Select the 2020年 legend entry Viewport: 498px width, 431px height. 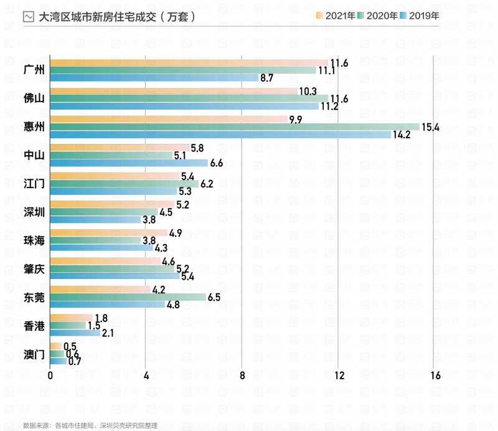(378, 16)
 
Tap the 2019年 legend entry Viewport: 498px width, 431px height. (419, 16)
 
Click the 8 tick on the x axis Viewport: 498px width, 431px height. (242, 376)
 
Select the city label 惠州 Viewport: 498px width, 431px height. (34, 127)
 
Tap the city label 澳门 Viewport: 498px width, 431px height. (34, 354)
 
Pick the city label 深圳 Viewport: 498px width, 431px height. (34, 212)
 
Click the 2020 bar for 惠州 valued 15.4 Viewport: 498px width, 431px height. (235, 127)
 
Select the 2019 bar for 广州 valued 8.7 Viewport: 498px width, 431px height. (154, 78)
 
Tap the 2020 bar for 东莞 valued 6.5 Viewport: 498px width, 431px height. (128, 297)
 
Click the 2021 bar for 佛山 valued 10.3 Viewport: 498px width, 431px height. (174, 91)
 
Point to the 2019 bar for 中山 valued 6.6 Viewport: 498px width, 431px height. (129, 163)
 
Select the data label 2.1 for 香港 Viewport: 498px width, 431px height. (108, 333)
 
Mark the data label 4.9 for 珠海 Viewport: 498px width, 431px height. (175, 233)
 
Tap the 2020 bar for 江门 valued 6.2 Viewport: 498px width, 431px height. (124, 184)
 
